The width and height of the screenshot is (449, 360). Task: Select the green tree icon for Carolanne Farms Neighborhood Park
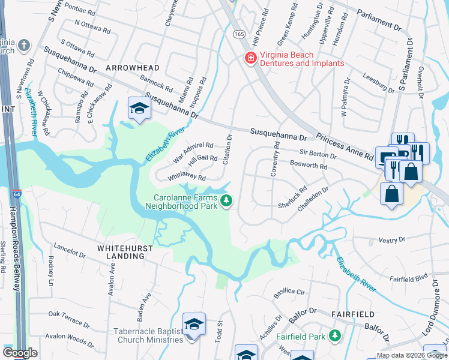pyautogui.click(x=226, y=200)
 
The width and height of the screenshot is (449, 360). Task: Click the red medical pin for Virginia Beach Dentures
pyautogui.click(x=249, y=58)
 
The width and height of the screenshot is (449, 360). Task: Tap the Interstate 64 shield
pyautogui.click(x=15, y=194)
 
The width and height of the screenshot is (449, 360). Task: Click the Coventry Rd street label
pyautogui.click(x=276, y=158)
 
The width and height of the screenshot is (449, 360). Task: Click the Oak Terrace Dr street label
pyautogui.click(x=69, y=317)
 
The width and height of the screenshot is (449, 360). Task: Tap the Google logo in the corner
pyautogui.click(x=20, y=353)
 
